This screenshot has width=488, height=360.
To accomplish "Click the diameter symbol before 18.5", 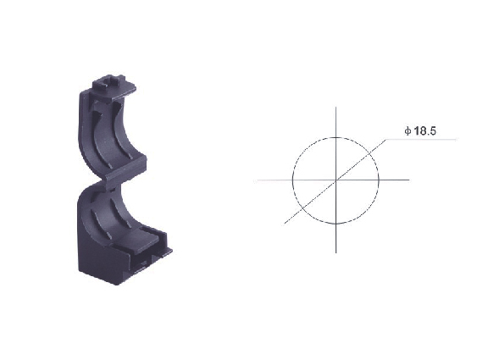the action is (408, 131).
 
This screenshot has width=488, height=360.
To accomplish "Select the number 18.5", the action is (424, 131).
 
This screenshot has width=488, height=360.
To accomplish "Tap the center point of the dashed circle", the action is (335, 180).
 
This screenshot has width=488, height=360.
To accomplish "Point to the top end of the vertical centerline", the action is (335, 108).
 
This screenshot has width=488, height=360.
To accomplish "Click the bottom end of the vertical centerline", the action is (335, 252).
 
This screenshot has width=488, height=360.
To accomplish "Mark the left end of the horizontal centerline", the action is (254, 180).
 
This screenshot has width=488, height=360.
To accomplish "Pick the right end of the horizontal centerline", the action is (409, 180).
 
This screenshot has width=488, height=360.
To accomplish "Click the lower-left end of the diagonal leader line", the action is (285, 224).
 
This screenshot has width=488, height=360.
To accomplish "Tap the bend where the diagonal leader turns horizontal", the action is (386, 140).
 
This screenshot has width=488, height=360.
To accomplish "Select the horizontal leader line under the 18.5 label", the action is (422, 140).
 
